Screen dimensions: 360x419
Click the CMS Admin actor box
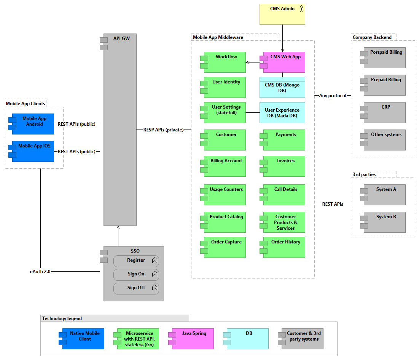click(282, 14)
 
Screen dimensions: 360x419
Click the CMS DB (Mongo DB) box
click(282, 87)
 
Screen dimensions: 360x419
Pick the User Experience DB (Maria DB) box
click(282, 112)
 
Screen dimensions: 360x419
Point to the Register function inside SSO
click(136, 261)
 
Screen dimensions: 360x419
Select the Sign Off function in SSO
click(136, 288)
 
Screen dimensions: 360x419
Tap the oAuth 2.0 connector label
click(40, 272)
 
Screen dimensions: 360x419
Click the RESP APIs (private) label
click(161, 130)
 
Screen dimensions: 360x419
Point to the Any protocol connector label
click(333, 96)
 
